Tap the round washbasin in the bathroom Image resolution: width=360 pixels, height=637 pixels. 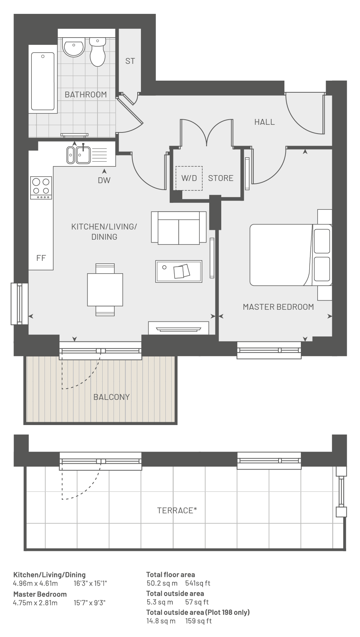pos(74,47)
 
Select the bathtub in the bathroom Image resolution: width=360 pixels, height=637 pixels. pos(43,81)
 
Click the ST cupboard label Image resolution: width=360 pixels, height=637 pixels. pos(130,61)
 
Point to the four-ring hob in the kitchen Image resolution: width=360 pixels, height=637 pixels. pos(41,188)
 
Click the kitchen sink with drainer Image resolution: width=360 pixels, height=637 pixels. pos(87,154)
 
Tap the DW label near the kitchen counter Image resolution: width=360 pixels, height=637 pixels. pos(104,180)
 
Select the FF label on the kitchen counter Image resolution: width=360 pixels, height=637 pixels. pos(41,258)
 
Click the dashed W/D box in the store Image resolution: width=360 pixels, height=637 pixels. pos(189,178)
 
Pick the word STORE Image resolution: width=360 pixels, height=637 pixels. pos(221,178)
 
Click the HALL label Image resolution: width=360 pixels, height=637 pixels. pos(264,122)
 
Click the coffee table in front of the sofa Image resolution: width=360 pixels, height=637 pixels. pos(179,271)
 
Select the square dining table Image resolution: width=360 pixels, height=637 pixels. pos(105,290)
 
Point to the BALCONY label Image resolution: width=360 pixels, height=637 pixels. pos(111,397)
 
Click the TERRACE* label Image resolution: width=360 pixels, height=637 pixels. pos(177,510)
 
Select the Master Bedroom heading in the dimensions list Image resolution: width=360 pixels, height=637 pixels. pos(40,594)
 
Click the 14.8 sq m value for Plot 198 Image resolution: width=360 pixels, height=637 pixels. pos(161,621)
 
